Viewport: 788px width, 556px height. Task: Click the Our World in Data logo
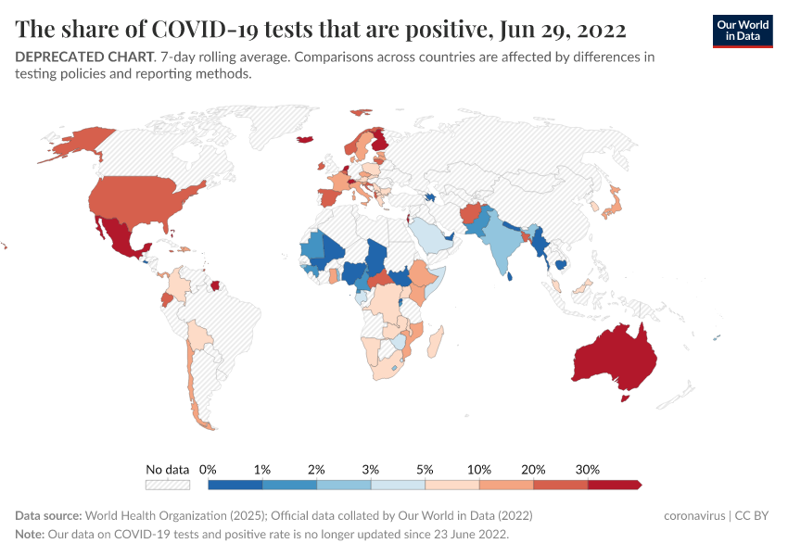742,30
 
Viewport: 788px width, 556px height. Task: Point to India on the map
503,246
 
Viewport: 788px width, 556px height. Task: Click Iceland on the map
304,140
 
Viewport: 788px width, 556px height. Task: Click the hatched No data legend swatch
168,484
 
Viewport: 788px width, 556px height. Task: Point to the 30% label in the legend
588,469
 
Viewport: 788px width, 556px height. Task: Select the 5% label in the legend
426,469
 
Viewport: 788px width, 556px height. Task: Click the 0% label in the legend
209,469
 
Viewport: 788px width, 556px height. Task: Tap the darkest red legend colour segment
614,484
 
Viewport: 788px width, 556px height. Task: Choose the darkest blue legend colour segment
235,484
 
